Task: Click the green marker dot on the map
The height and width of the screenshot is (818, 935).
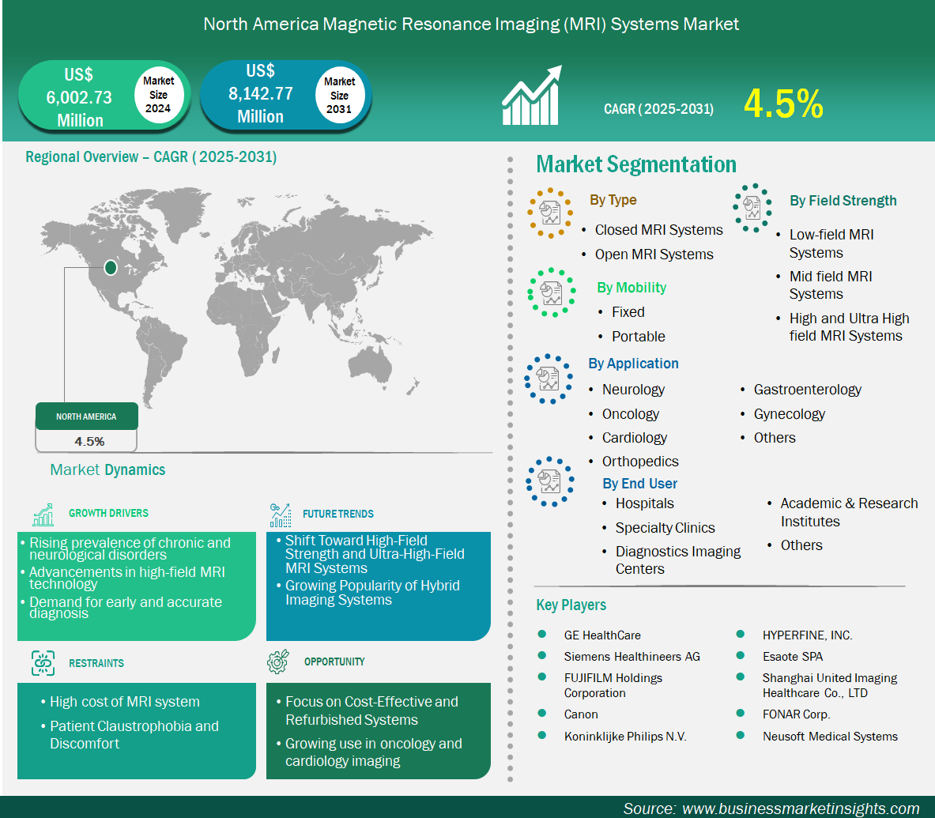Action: point(111,268)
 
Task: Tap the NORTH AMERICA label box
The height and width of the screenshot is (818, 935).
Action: point(86,417)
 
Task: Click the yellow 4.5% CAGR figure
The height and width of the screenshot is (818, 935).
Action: point(783,104)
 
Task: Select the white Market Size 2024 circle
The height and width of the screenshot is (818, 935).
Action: point(158,95)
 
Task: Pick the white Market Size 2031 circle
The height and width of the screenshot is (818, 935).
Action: point(339,95)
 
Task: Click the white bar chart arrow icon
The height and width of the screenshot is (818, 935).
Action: point(531,96)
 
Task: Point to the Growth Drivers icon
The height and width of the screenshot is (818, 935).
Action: point(43,515)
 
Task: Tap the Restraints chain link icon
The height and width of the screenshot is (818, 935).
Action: point(43,663)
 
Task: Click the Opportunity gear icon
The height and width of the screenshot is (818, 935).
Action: point(278,662)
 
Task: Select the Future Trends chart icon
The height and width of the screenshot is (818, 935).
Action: point(281,515)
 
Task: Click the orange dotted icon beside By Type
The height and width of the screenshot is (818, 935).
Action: point(550,213)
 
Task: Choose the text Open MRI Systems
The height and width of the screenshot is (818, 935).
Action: point(654,254)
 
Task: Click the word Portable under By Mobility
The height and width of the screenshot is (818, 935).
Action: point(638,336)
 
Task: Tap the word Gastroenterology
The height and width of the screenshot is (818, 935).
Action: point(808,390)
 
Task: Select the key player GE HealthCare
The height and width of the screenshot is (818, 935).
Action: point(602,635)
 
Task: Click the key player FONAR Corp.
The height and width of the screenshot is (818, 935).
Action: point(796,714)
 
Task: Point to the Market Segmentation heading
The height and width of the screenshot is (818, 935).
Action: point(636,164)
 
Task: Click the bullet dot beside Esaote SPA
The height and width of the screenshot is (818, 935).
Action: point(740,655)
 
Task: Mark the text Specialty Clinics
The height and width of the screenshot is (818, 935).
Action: point(665,528)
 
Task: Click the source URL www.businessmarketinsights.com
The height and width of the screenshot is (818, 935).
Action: point(801,809)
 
